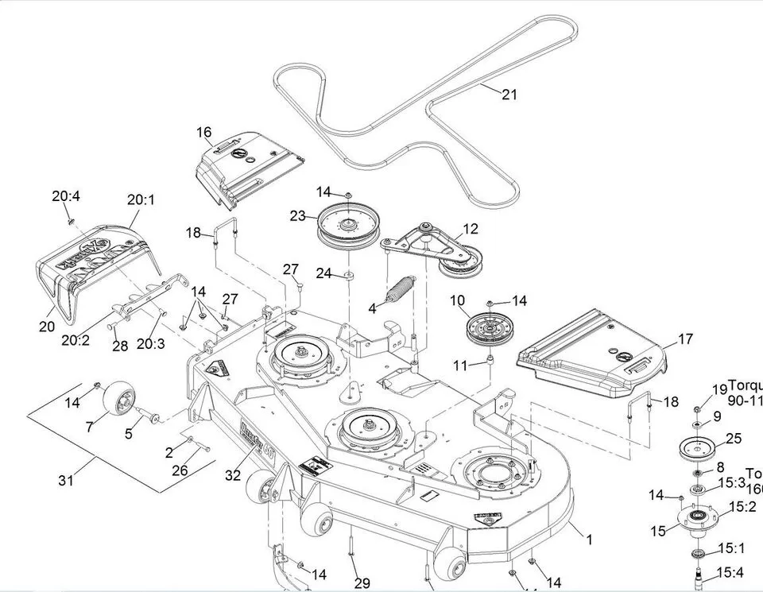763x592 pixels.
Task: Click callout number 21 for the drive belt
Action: (509, 95)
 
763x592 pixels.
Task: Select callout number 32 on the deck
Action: (232, 475)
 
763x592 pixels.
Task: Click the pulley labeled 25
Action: (699, 447)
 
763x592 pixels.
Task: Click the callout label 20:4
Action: (67, 196)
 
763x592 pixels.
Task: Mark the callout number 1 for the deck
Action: (589, 540)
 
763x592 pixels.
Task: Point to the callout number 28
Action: (120, 346)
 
